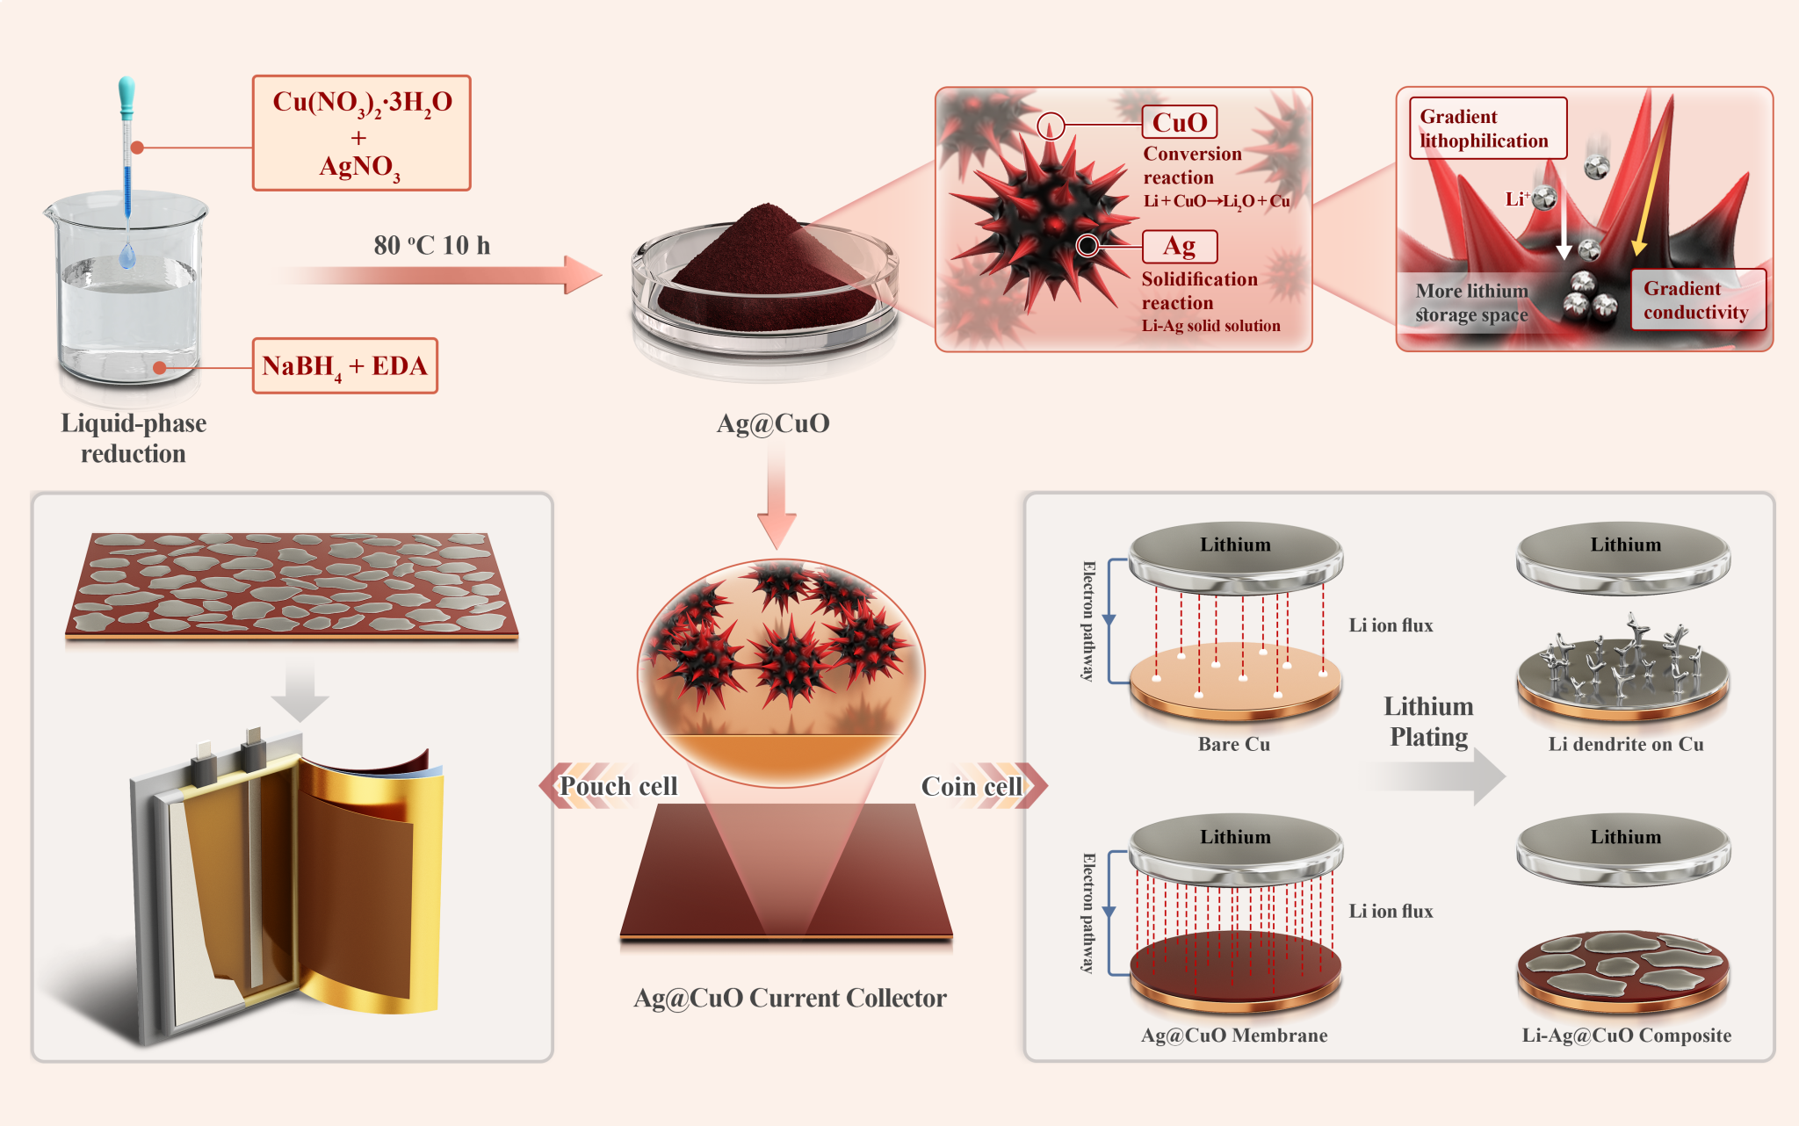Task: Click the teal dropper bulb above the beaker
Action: coord(126,96)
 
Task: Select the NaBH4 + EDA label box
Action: coord(344,365)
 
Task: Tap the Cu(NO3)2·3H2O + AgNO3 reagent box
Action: coord(361,133)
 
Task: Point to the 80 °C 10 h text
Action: coord(431,245)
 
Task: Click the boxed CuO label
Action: coord(1179,122)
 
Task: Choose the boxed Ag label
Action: coord(1179,246)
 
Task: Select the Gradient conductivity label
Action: coord(1696,300)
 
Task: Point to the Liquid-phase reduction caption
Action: coord(134,438)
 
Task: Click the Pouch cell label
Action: coord(618,786)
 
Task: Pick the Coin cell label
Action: coord(972,786)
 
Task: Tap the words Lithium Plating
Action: coord(1428,721)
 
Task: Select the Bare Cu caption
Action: coord(1233,744)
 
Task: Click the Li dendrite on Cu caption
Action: coord(1625,744)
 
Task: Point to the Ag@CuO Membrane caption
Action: coord(1233,1035)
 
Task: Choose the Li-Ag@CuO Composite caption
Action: coord(1626,1035)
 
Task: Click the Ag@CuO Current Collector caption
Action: coord(790,998)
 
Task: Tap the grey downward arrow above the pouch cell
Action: coord(300,693)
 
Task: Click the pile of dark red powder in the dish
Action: coord(764,263)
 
